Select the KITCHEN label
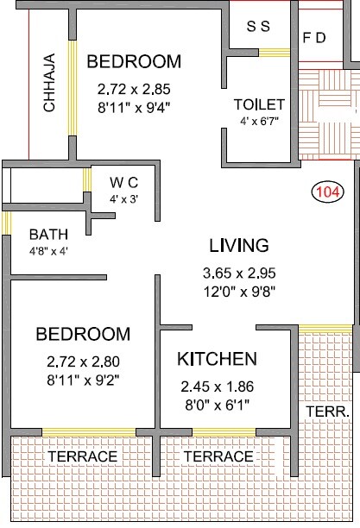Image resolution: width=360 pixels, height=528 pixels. [217, 358]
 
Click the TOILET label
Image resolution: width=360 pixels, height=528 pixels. [259, 104]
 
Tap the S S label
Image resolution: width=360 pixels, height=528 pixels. [259, 26]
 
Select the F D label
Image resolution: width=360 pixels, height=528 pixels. [313, 39]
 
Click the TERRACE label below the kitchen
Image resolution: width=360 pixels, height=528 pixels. [218, 456]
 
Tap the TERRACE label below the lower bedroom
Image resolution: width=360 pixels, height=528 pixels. [82, 456]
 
